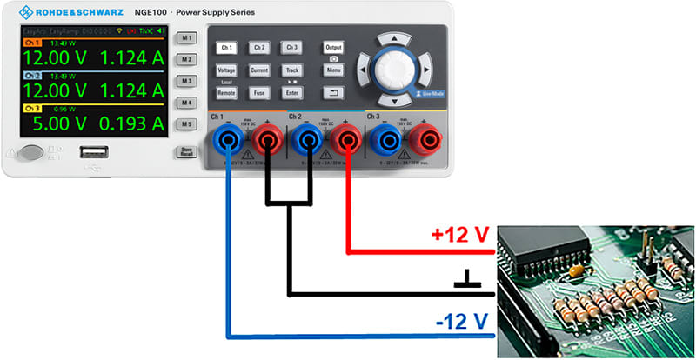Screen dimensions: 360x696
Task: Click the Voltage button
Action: [x=226, y=70]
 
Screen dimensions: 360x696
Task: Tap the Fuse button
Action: [x=259, y=92]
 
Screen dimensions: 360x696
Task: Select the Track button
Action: [x=292, y=70]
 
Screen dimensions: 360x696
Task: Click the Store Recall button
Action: [x=185, y=152]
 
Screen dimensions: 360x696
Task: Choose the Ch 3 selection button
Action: [x=292, y=47]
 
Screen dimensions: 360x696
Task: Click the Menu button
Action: [x=333, y=70]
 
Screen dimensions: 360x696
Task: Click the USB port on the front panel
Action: [x=93, y=155]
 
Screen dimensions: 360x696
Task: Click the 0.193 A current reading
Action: [x=131, y=123]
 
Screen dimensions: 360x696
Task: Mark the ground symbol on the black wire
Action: [x=468, y=280]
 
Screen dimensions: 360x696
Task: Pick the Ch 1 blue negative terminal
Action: [x=228, y=137]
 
